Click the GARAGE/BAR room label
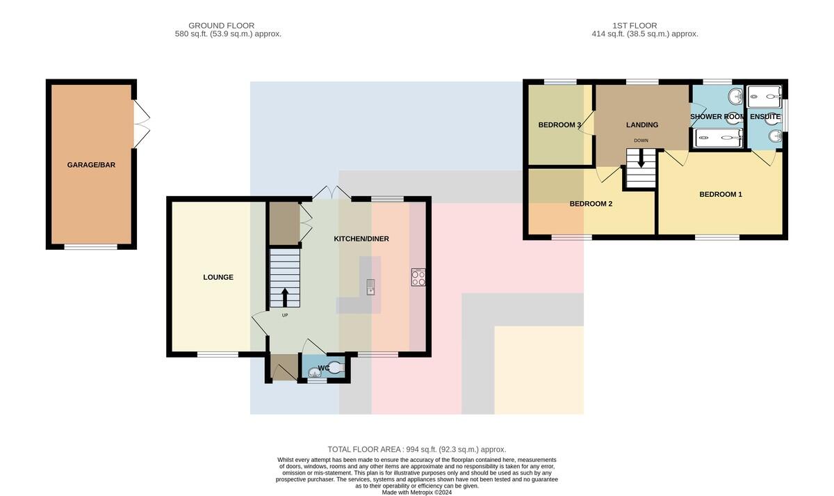tap(91, 165)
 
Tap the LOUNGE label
tap(218, 278)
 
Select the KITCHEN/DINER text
tap(361, 239)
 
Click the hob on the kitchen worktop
tap(418, 278)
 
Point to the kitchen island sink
tap(370, 287)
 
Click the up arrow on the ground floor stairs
tap(285, 297)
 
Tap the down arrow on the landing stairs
tap(641, 159)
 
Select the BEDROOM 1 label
tap(721, 195)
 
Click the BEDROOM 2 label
tap(591, 204)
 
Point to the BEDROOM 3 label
tap(559, 125)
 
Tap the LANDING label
tap(642, 125)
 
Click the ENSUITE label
tap(765, 117)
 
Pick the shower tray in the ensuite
tap(764, 97)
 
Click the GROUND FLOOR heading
tap(221, 26)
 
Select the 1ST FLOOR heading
tap(635, 26)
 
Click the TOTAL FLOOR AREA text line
tap(416, 449)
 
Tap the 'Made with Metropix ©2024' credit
tap(417, 493)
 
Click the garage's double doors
tap(142, 124)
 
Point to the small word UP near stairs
tap(285, 315)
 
